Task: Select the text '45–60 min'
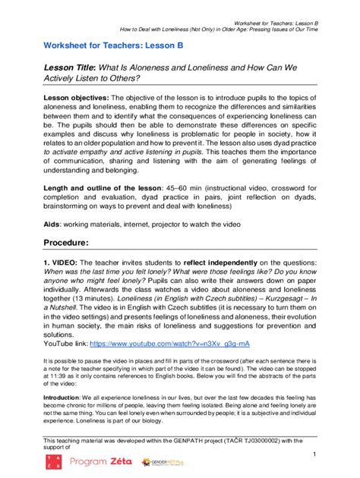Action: tap(209, 187)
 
